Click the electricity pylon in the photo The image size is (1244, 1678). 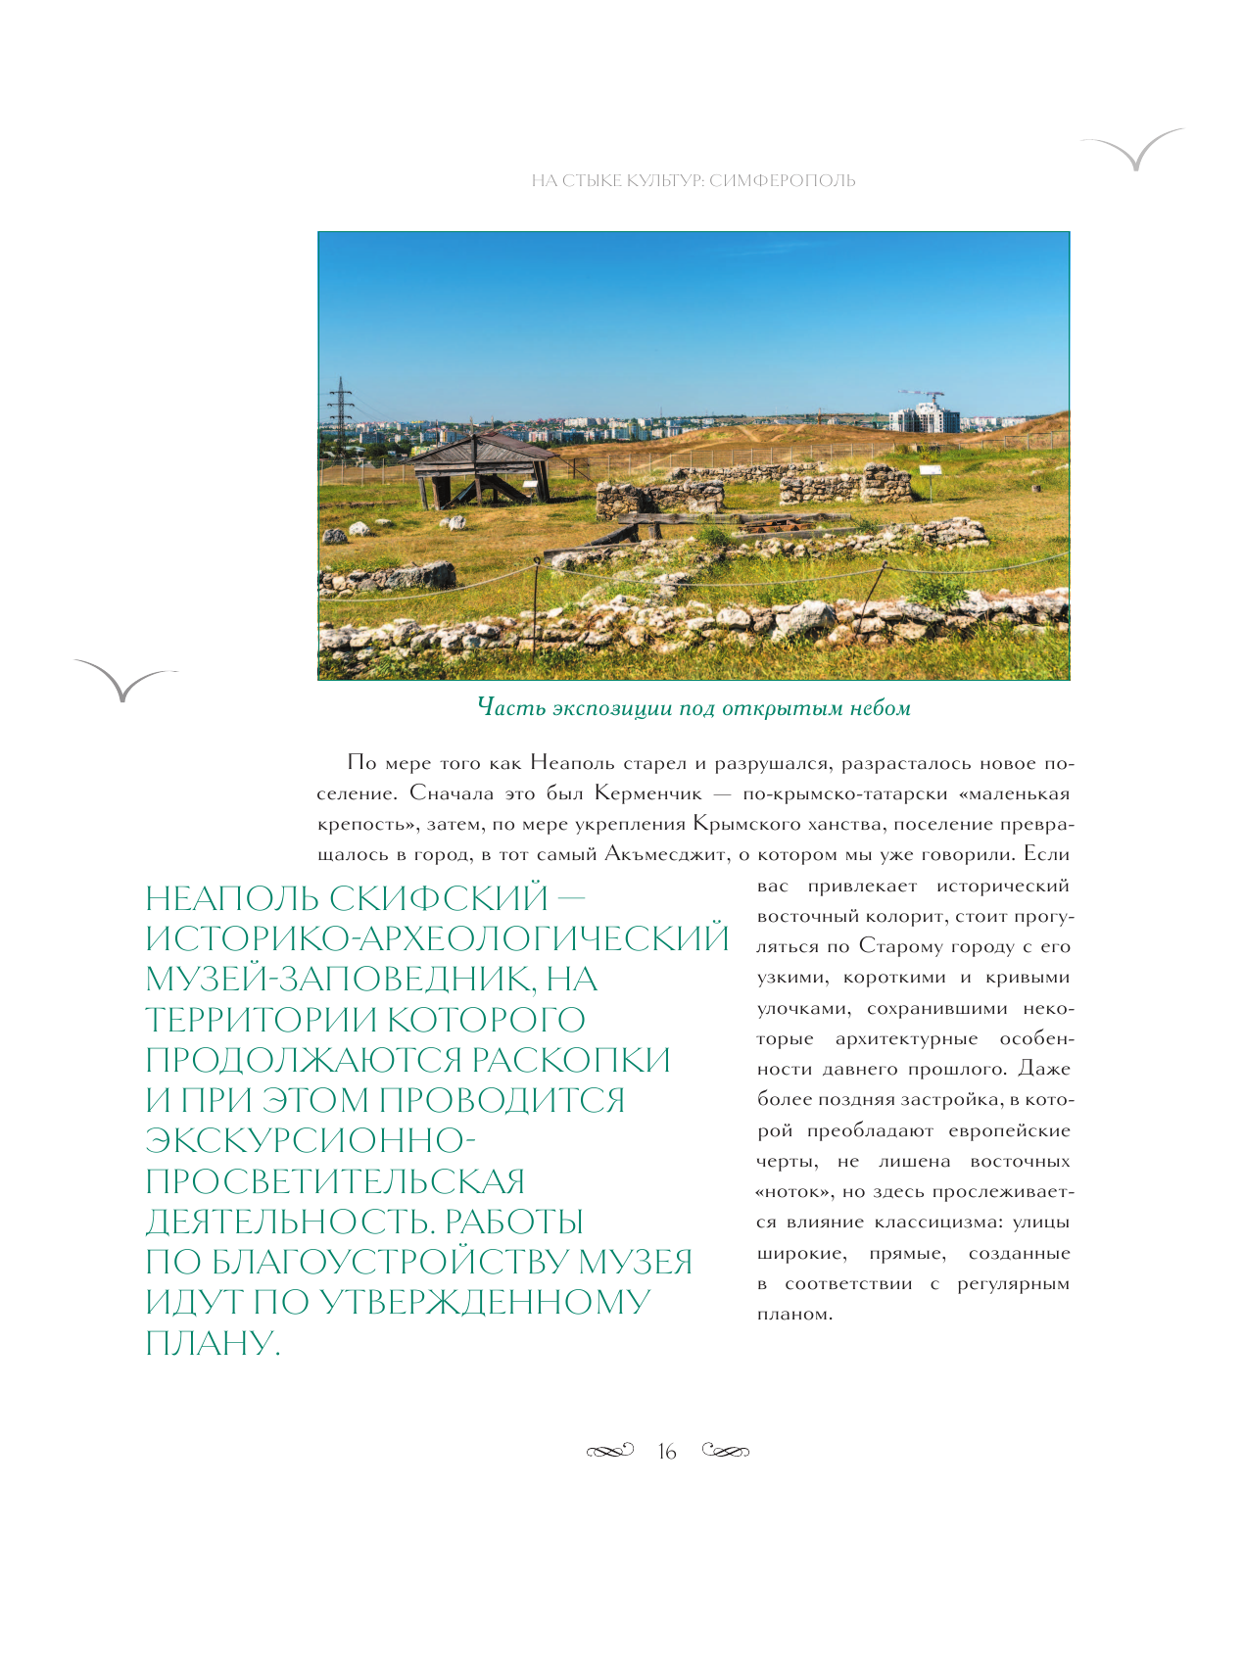340,411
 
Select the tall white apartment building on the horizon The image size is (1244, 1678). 924,417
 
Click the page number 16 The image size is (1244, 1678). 667,1452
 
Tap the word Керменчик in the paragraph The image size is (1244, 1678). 648,793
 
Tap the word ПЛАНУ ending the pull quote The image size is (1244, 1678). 213,1343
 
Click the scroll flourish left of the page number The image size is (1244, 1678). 609,1451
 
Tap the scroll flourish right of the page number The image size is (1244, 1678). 726,1451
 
